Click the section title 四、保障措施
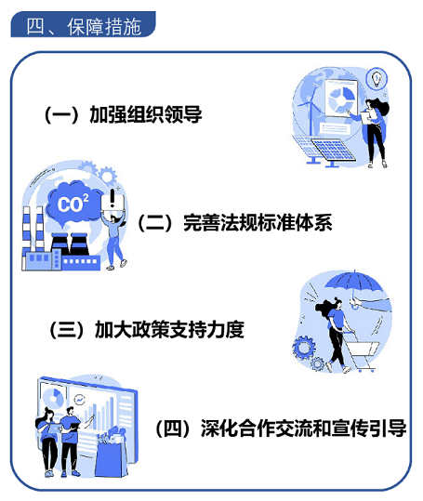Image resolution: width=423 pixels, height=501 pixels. coord(84,26)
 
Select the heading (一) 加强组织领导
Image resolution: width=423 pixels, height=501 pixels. coord(124,114)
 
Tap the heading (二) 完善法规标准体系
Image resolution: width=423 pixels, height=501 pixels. coord(235,222)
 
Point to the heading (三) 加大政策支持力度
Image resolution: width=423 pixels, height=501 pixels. coord(147,329)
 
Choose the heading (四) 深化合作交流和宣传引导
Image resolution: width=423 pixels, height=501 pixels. coord(281,428)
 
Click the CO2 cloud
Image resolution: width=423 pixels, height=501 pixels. coord(73,203)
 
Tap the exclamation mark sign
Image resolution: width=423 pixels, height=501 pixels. coord(112,199)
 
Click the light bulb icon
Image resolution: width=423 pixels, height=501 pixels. coord(377,78)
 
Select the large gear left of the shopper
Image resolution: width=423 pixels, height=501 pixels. coord(303,348)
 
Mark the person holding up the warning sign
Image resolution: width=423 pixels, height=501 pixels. coord(114,240)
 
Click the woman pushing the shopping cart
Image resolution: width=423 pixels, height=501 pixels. coord(336,336)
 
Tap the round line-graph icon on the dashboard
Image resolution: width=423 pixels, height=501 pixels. coord(79,400)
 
